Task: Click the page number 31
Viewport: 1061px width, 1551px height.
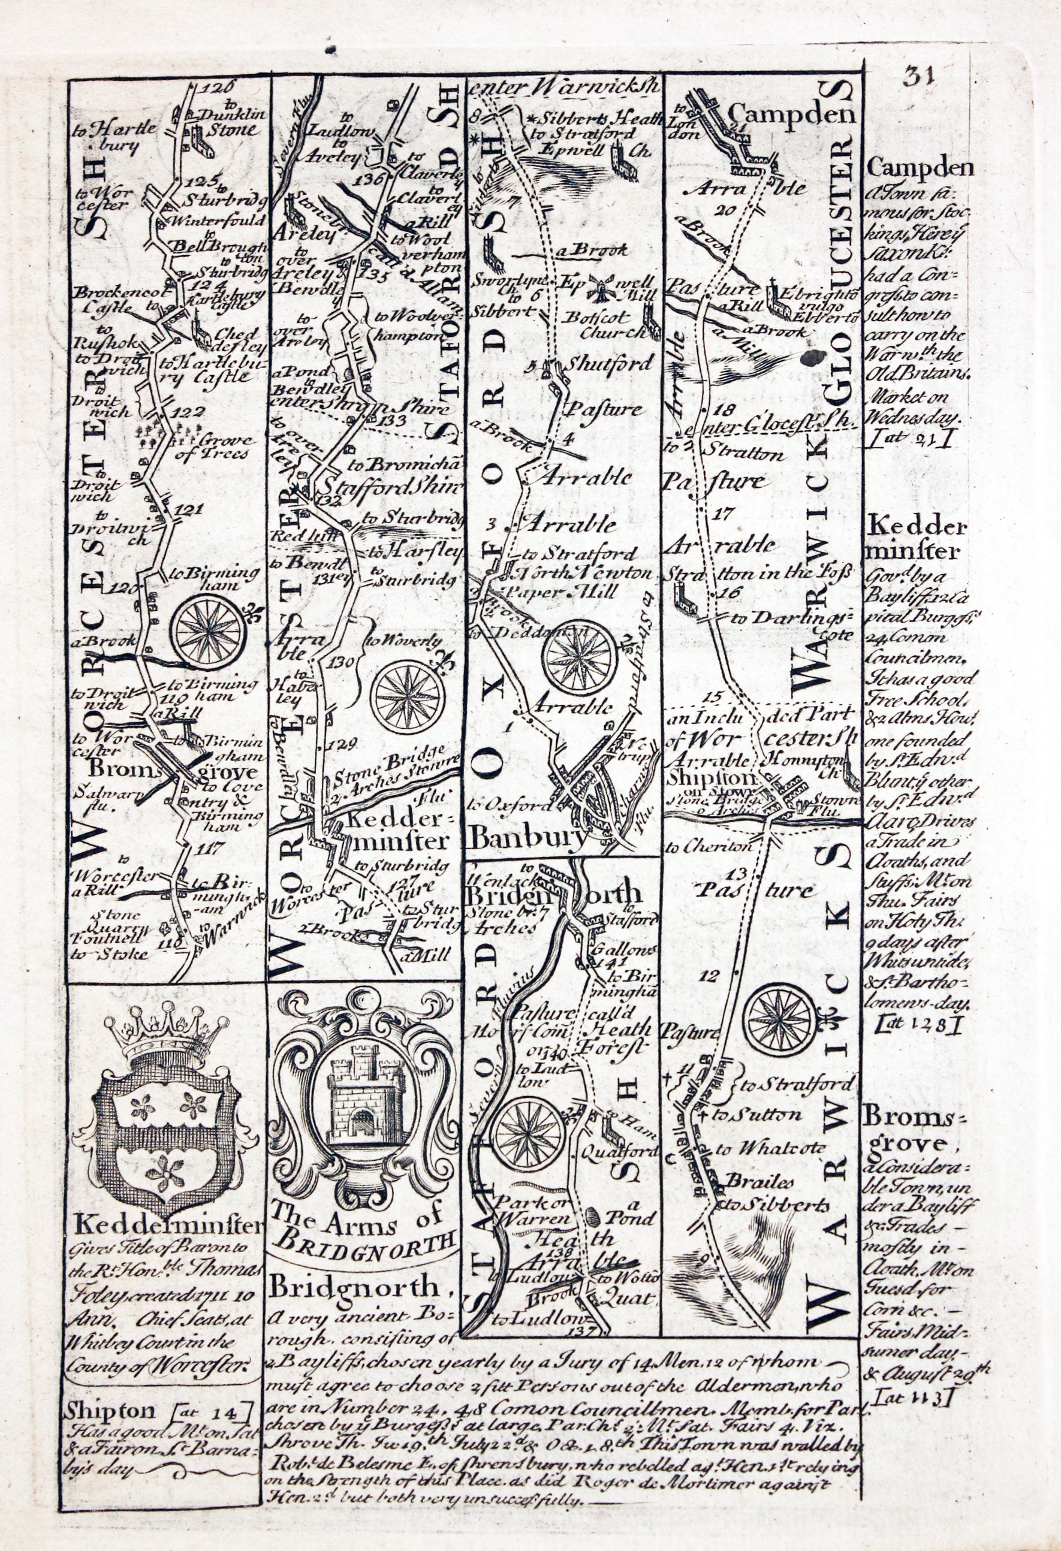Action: (920, 76)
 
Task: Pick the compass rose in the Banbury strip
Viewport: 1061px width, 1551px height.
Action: (578, 654)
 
